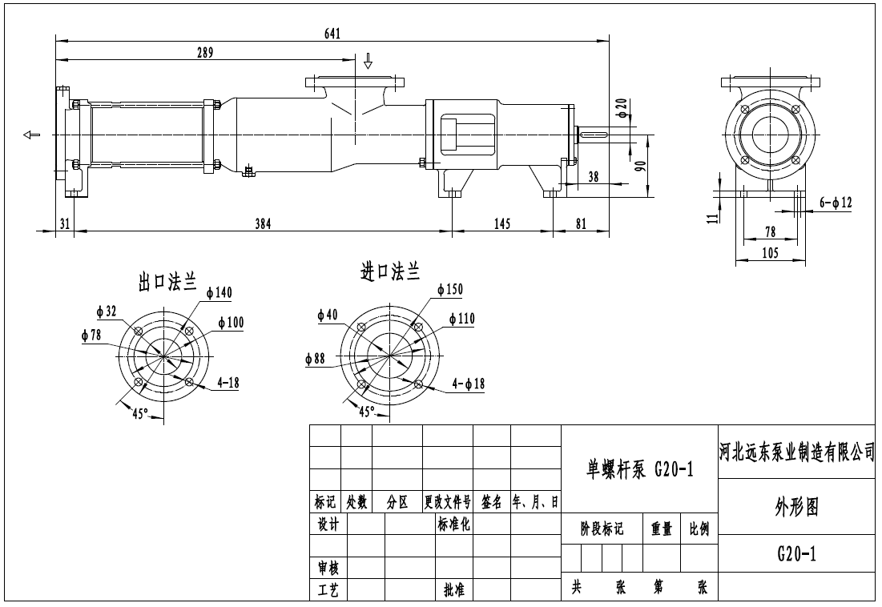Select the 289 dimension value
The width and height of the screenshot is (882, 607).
[x=204, y=53]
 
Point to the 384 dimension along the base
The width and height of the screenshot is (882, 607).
[x=263, y=224]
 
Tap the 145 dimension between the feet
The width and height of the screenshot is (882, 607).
[x=502, y=224]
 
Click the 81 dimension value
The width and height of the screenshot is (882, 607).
[x=582, y=224]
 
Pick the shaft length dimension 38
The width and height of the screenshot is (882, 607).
[x=593, y=177]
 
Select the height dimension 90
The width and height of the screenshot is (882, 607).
[x=640, y=166]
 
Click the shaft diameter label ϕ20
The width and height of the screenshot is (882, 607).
[x=622, y=107]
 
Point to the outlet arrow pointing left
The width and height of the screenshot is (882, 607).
[x=31, y=135]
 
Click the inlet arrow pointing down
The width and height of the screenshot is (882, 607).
[x=368, y=60]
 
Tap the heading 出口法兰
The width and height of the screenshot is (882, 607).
[x=167, y=281]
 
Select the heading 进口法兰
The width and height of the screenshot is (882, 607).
[x=390, y=273]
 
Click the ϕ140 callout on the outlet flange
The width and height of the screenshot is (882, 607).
[x=219, y=293]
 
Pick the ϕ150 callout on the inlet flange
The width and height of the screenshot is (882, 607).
[x=450, y=289]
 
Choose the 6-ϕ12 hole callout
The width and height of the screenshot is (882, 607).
[x=836, y=203]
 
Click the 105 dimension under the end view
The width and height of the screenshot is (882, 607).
[x=769, y=254]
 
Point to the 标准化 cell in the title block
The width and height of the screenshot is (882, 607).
[x=453, y=525]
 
